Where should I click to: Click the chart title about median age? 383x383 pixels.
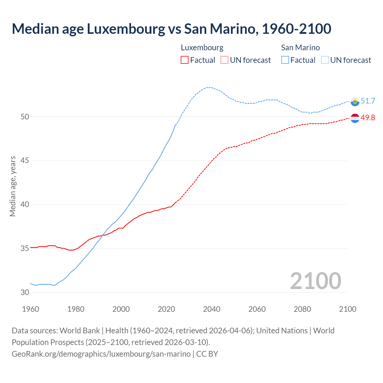pyautogui.click(x=171, y=29)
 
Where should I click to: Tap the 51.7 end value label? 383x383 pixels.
pyautogui.click(x=368, y=101)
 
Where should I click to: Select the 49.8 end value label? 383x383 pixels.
pyautogui.click(x=368, y=118)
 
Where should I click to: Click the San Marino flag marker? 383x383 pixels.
pyautogui.click(x=355, y=101)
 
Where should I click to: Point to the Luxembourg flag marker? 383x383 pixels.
pyautogui.click(x=355, y=118)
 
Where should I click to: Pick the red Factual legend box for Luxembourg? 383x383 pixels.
pyautogui.click(x=185, y=60)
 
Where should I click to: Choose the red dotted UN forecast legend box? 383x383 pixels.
pyautogui.click(x=224, y=60)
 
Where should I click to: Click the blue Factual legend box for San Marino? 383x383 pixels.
pyautogui.click(x=285, y=60)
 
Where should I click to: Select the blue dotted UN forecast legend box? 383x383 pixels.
pyautogui.click(x=325, y=60)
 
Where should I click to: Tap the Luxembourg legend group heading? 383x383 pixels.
pyautogui.click(x=202, y=48)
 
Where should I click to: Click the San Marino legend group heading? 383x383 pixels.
pyautogui.click(x=300, y=48)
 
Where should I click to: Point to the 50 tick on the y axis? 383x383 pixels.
pyautogui.click(x=25, y=117)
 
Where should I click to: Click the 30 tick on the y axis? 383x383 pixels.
pyautogui.click(x=25, y=292)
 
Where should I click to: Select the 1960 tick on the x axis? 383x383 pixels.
pyautogui.click(x=31, y=309)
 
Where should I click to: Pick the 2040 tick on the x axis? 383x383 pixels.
pyautogui.click(x=212, y=309)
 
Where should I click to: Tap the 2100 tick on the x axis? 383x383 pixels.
pyautogui.click(x=347, y=309)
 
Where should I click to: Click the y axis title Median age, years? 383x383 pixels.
pyautogui.click(x=13, y=186)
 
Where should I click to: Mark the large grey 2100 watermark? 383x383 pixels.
pyautogui.click(x=315, y=281)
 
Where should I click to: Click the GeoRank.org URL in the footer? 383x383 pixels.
pyautogui.click(x=101, y=354)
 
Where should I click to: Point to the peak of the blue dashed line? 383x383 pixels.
pyautogui.click(x=209, y=87)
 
